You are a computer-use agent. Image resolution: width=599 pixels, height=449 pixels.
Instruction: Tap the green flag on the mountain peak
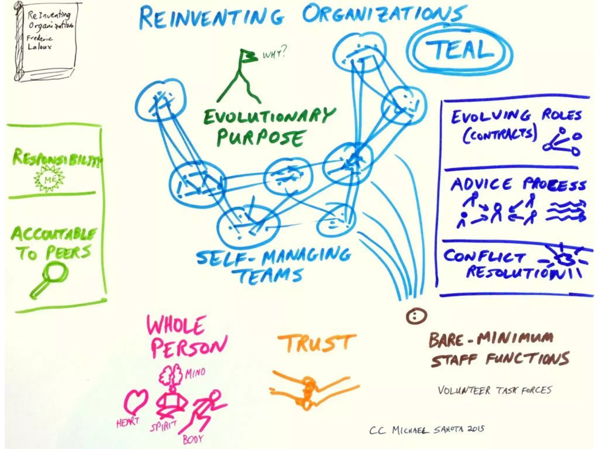click(x=248, y=56)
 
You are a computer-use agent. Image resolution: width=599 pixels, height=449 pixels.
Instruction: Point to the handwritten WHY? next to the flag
click(x=274, y=53)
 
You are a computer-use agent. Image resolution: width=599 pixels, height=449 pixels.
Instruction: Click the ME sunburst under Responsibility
click(x=49, y=179)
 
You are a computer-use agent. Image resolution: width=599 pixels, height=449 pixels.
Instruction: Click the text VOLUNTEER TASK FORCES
click(x=494, y=390)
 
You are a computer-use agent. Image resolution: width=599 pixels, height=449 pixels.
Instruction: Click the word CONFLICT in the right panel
click(x=484, y=257)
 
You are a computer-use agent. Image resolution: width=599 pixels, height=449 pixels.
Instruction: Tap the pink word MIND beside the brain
click(x=195, y=373)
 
